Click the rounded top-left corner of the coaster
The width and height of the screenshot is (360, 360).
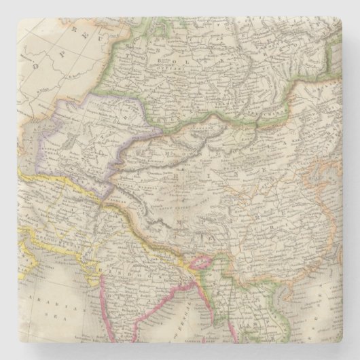[x=4, y=4]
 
